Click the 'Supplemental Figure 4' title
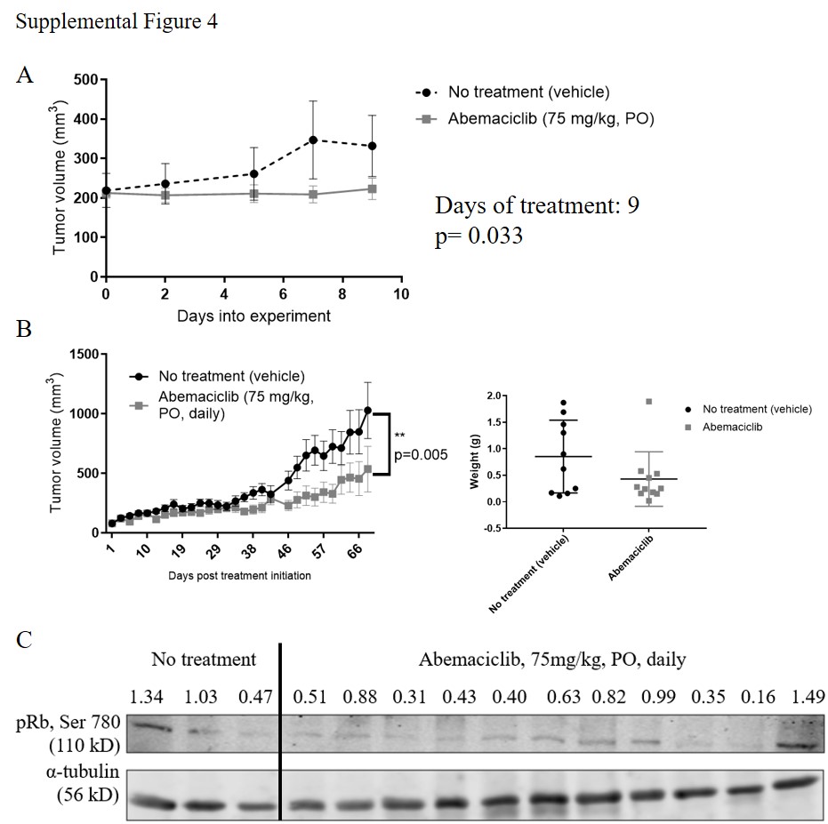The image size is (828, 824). tap(117, 22)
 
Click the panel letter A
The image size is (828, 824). tap(26, 76)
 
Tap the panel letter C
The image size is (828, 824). tap(26, 638)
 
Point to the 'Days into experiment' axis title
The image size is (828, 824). tap(253, 315)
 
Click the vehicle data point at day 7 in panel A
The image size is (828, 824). tap(312, 140)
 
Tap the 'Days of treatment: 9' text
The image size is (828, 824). tap(537, 206)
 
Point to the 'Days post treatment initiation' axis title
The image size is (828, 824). tap(239, 575)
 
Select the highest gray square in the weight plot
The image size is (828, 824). tap(648, 402)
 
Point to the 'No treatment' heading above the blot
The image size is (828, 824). tap(204, 660)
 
